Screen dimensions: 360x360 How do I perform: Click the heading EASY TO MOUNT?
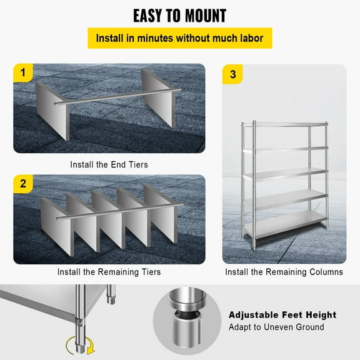[x=179, y=15]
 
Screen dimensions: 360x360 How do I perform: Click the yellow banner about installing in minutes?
[x=179, y=38]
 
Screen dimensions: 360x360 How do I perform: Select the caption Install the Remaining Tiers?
[x=109, y=272]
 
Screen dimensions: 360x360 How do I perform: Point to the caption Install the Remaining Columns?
[x=284, y=272]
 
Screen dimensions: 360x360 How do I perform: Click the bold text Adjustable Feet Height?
[x=282, y=315]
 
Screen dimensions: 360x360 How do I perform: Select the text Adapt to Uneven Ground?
[x=276, y=327]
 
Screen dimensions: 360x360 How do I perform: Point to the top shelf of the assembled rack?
[x=285, y=124]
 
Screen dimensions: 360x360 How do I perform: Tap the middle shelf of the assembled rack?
[x=285, y=172]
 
